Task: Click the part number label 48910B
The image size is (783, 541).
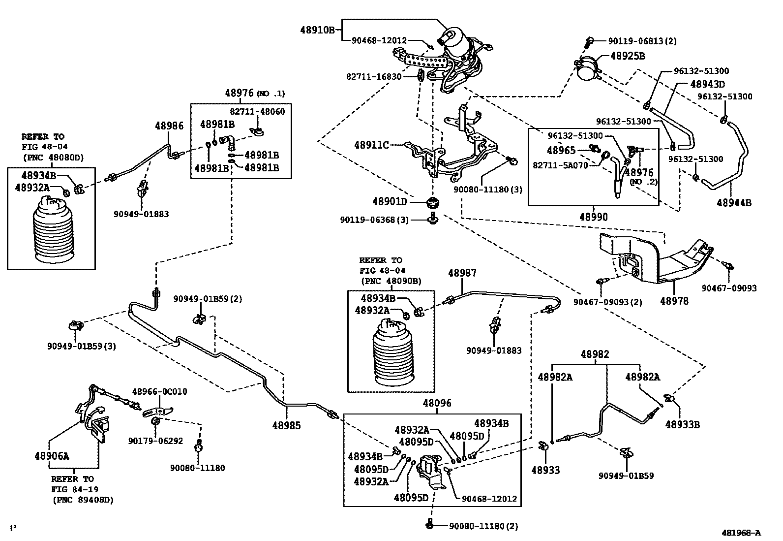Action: click(x=317, y=30)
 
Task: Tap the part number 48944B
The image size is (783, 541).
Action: click(x=734, y=202)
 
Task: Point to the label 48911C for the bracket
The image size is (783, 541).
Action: click(x=371, y=145)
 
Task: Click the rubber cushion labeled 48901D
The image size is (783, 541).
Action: click(x=433, y=202)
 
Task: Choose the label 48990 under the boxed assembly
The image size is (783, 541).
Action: click(x=593, y=217)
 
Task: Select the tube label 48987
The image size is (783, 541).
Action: click(x=462, y=273)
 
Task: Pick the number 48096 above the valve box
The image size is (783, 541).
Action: click(x=437, y=404)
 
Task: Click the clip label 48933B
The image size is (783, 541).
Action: click(x=682, y=424)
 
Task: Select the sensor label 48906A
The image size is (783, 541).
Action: click(x=52, y=456)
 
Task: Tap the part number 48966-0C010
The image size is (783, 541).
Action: click(x=159, y=392)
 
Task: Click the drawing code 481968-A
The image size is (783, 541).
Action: click(x=741, y=533)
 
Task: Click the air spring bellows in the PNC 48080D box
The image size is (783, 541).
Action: click(x=52, y=229)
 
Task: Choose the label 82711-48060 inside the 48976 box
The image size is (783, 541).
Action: click(x=257, y=112)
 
